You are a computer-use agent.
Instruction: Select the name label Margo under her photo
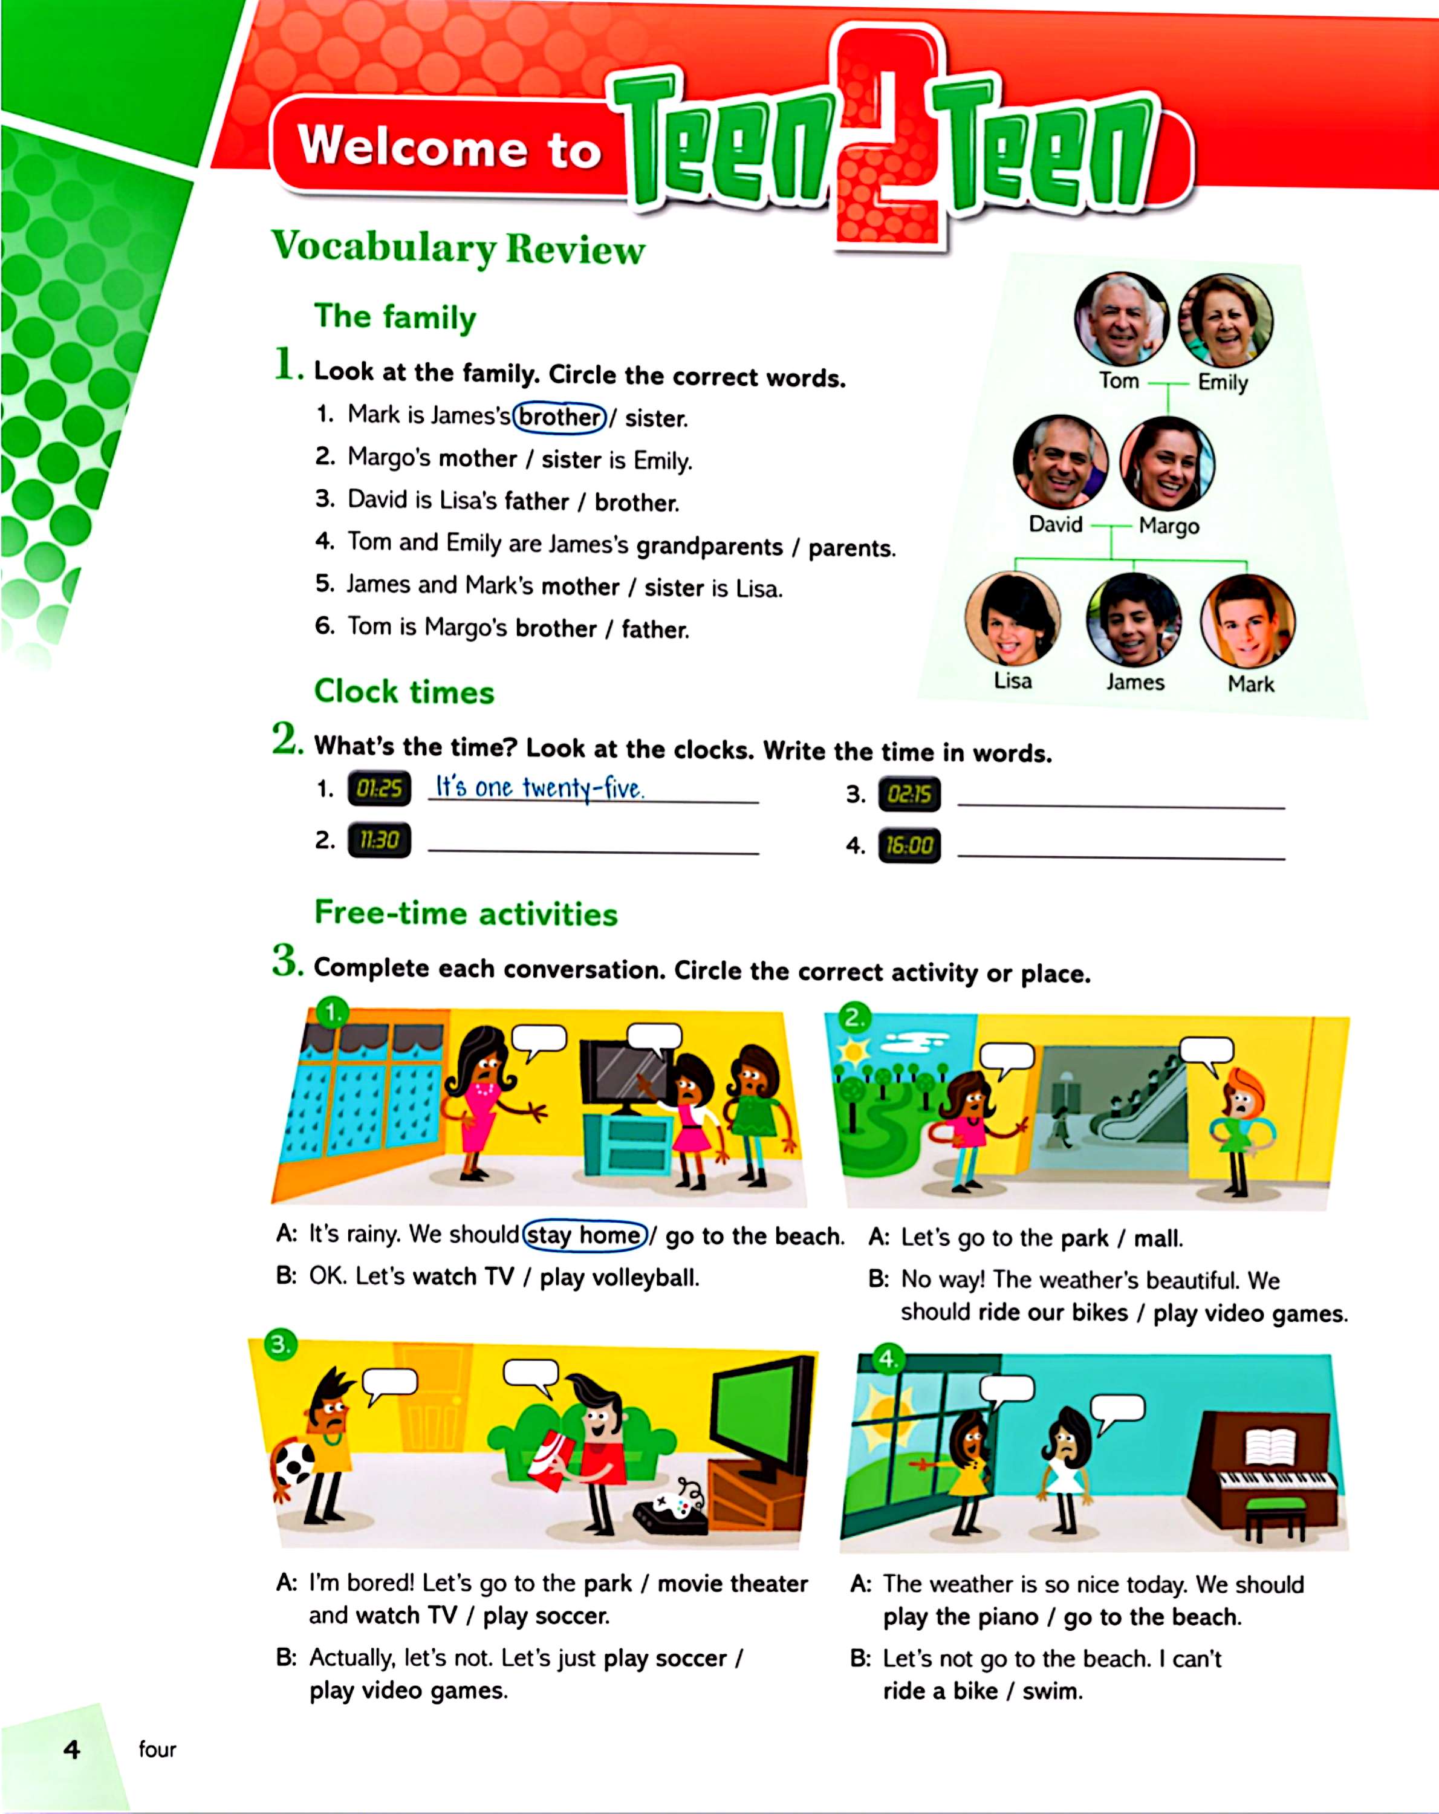1168,526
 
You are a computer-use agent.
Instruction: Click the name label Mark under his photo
1250,684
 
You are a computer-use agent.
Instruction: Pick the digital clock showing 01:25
378,788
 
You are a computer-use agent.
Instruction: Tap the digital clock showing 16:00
909,845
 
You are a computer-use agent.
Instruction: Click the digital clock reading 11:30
378,840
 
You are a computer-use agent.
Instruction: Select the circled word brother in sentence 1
560,417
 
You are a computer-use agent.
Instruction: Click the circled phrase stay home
585,1235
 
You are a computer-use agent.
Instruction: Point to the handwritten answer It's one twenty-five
539,787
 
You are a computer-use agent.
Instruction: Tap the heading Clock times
404,692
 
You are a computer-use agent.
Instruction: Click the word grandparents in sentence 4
709,546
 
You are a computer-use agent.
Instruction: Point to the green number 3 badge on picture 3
280,1344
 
